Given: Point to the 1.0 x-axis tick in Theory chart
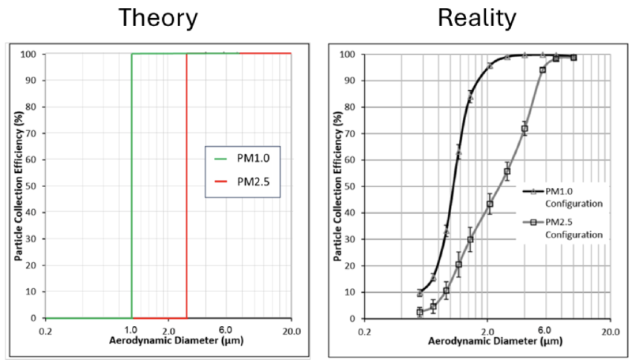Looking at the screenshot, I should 131,329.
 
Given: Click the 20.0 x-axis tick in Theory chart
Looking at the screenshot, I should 290,329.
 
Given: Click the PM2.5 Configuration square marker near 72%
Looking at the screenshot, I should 524,129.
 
